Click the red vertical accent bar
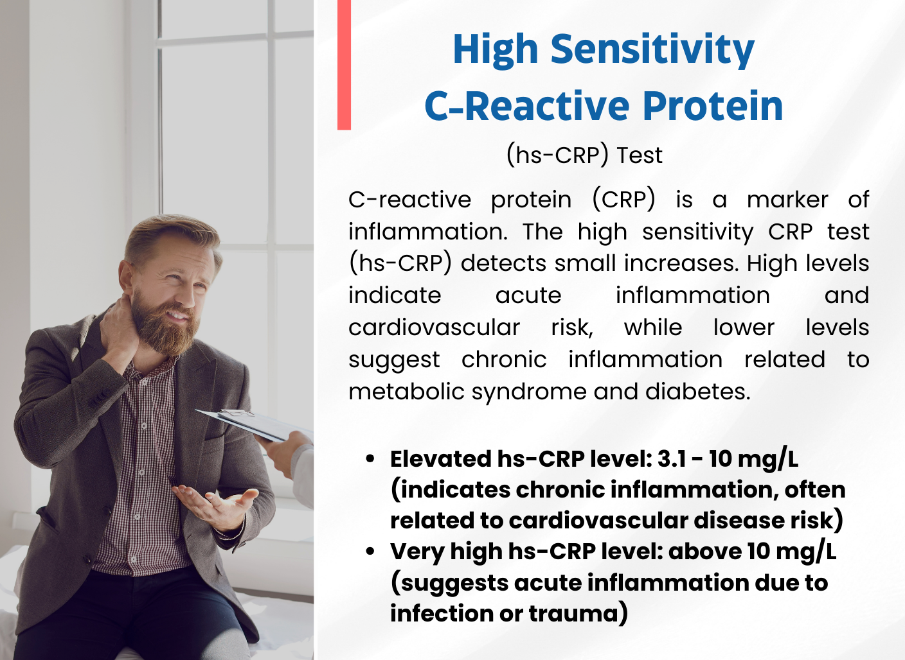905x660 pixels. tap(344, 65)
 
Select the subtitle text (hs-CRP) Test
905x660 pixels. tap(584, 155)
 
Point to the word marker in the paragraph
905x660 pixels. tap(787, 200)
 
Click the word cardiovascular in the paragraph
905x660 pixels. tap(434, 327)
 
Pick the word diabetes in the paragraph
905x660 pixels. tap(697, 391)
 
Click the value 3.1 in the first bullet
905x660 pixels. tap(672, 459)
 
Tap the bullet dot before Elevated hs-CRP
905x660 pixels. tap(370, 460)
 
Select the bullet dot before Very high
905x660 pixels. tap(370, 551)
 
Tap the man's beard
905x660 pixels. tap(164, 323)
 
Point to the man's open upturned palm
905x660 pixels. tap(214, 505)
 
